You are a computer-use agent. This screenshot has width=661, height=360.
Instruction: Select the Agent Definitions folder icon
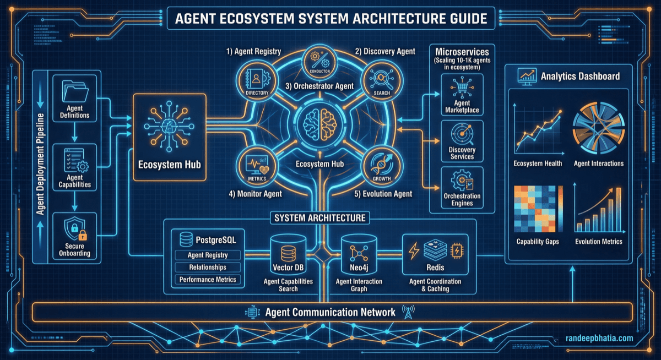click(x=74, y=91)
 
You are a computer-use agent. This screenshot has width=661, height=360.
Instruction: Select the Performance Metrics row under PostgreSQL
click(x=207, y=280)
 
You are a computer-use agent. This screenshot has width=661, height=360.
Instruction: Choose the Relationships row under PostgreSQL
click(x=207, y=268)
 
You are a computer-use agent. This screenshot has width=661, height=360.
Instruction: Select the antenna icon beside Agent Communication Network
click(x=408, y=312)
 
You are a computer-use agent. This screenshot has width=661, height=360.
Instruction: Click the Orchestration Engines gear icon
click(x=462, y=179)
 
